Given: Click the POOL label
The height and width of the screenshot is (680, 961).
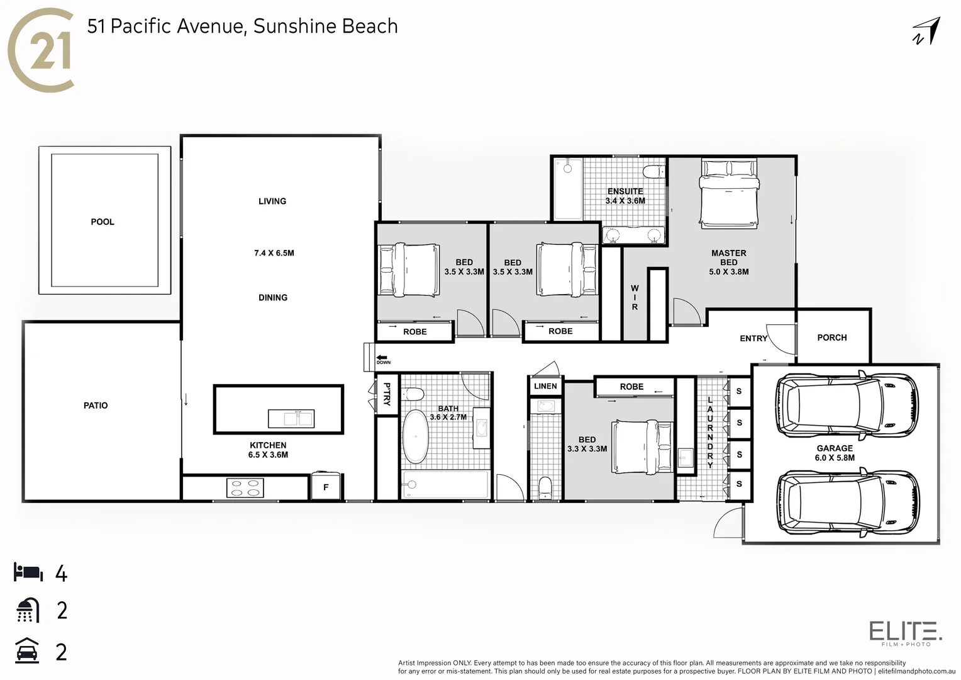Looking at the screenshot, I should pos(103,222).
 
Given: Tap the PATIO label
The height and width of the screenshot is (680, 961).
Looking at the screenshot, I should pos(96,405).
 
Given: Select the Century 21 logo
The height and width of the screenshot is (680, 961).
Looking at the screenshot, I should pos(40,50).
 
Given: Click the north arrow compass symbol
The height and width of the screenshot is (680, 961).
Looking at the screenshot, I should pos(926,32).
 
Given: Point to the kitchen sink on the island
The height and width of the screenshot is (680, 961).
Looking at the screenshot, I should pos(291,418).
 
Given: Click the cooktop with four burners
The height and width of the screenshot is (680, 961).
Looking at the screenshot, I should pos(245,488).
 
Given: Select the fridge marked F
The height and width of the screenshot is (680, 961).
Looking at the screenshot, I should pos(326,487).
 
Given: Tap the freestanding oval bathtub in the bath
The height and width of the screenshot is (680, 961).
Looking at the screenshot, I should pos(415,436).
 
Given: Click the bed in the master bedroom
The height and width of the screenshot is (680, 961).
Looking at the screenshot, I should pos(728,192).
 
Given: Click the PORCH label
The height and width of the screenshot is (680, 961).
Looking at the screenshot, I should pos(831,337).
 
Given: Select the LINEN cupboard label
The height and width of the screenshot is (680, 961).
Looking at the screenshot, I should pos(545,386).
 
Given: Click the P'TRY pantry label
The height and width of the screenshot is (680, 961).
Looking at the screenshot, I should pos(387,394).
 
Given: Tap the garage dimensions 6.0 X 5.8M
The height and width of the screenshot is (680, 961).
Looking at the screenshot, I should pos(835,458).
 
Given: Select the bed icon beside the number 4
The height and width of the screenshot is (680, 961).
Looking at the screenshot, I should pos(28,573).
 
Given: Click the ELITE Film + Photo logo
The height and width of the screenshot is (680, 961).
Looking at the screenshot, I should pos(905,632).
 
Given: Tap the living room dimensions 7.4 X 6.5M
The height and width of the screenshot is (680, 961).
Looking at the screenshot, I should pos(274,253).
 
